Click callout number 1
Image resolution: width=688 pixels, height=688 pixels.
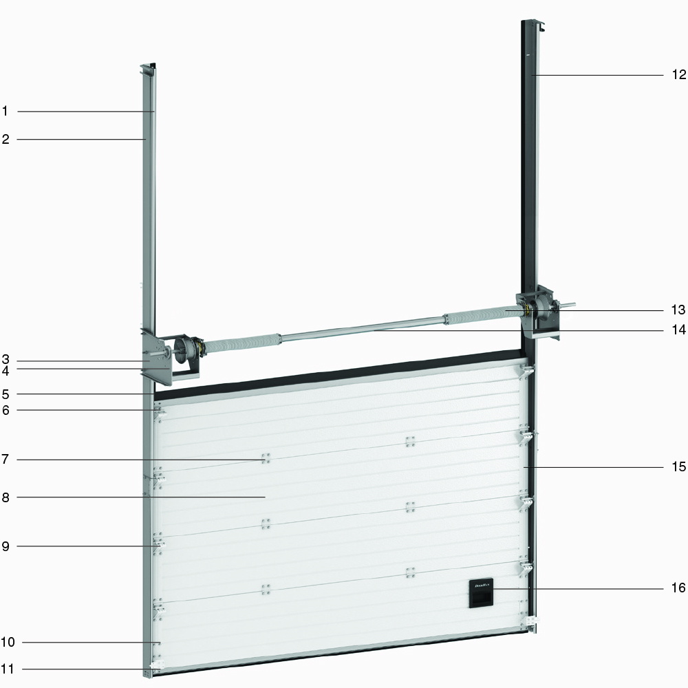coord(5,111)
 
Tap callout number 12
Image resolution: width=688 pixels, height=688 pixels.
coord(679,75)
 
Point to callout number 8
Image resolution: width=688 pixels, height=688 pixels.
coord(5,496)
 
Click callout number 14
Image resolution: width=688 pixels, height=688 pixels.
coord(679,330)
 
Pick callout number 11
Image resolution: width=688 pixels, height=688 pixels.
coord(8,668)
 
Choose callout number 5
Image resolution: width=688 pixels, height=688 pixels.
coord(5,394)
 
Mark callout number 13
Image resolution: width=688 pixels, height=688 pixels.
coord(679,309)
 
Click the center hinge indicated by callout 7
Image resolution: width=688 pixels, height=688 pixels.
coord(265,459)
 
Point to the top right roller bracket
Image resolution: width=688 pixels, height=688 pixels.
coord(526,372)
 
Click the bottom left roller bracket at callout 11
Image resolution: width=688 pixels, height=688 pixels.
coord(157,667)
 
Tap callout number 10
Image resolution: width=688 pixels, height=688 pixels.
coord(8,643)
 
